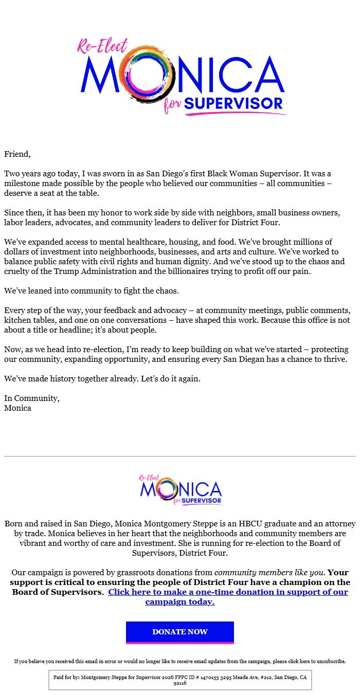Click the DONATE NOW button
click(x=180, y=632)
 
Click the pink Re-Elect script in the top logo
click(x=102, y=46)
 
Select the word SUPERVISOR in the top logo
click(x=233, y=103)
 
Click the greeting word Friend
click(x=17, y=154)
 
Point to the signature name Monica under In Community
click(x=17, y=408)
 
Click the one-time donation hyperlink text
click(x=228, y=597)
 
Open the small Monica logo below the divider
click(x=180, y=490)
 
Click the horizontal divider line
click(x=180, y=456)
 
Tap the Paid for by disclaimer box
click(x=180, y=680)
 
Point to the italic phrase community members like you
click(x=269, y=573)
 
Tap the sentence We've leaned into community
click(x=91, y=291)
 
